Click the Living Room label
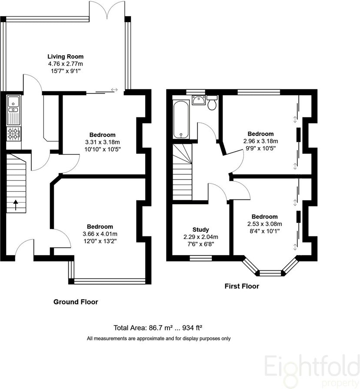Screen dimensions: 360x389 (66, 57)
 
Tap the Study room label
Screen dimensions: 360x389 (201, 229)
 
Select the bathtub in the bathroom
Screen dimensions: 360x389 (181, 120)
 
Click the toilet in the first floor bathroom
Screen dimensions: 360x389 (212, 103)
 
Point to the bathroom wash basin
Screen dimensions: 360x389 (198, 100)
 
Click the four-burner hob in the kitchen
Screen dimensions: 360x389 (13, 133)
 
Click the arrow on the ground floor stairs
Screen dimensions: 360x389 (16, 205)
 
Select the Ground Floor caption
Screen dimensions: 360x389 (76, 302)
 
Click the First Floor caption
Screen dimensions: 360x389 (242, 286)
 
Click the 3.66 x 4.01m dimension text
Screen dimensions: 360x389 (100, 234)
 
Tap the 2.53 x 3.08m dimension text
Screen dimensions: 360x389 (264, 224)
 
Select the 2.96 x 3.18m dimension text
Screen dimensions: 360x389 (260, 141)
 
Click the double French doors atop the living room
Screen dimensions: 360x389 (107, 10)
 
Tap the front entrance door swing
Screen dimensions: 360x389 (24, 247)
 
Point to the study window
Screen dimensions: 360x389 (201, 258)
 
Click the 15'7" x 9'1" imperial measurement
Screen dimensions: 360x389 (66, 71)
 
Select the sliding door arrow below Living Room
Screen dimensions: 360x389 (114, 90)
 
